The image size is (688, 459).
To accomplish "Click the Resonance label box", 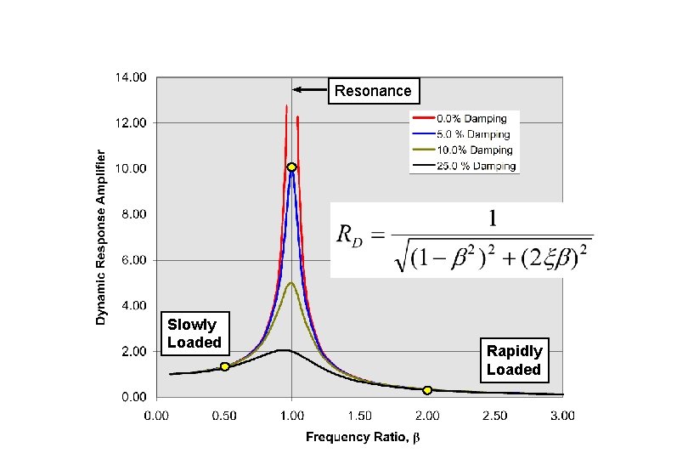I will [372, 90].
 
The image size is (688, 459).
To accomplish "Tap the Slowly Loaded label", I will [194, 333].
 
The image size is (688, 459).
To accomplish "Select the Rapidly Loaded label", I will [513, 360].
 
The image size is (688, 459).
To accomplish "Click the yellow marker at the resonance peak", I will [291, 167].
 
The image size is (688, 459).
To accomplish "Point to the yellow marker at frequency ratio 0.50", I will [224, 366].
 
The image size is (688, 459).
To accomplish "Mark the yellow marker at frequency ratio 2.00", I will [427, 390].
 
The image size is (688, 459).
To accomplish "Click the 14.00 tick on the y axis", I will [131, 77].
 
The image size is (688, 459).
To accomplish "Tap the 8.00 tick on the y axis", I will [133, 214].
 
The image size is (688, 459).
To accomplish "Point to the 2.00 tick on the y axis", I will [133, 351].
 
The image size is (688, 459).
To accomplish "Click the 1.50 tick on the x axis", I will [359, 416].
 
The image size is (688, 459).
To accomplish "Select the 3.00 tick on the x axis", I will [562, 416].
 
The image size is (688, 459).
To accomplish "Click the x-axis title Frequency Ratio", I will [364, 437].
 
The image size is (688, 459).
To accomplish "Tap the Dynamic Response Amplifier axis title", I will [101, 237].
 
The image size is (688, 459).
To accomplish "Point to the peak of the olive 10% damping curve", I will [290, 283].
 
